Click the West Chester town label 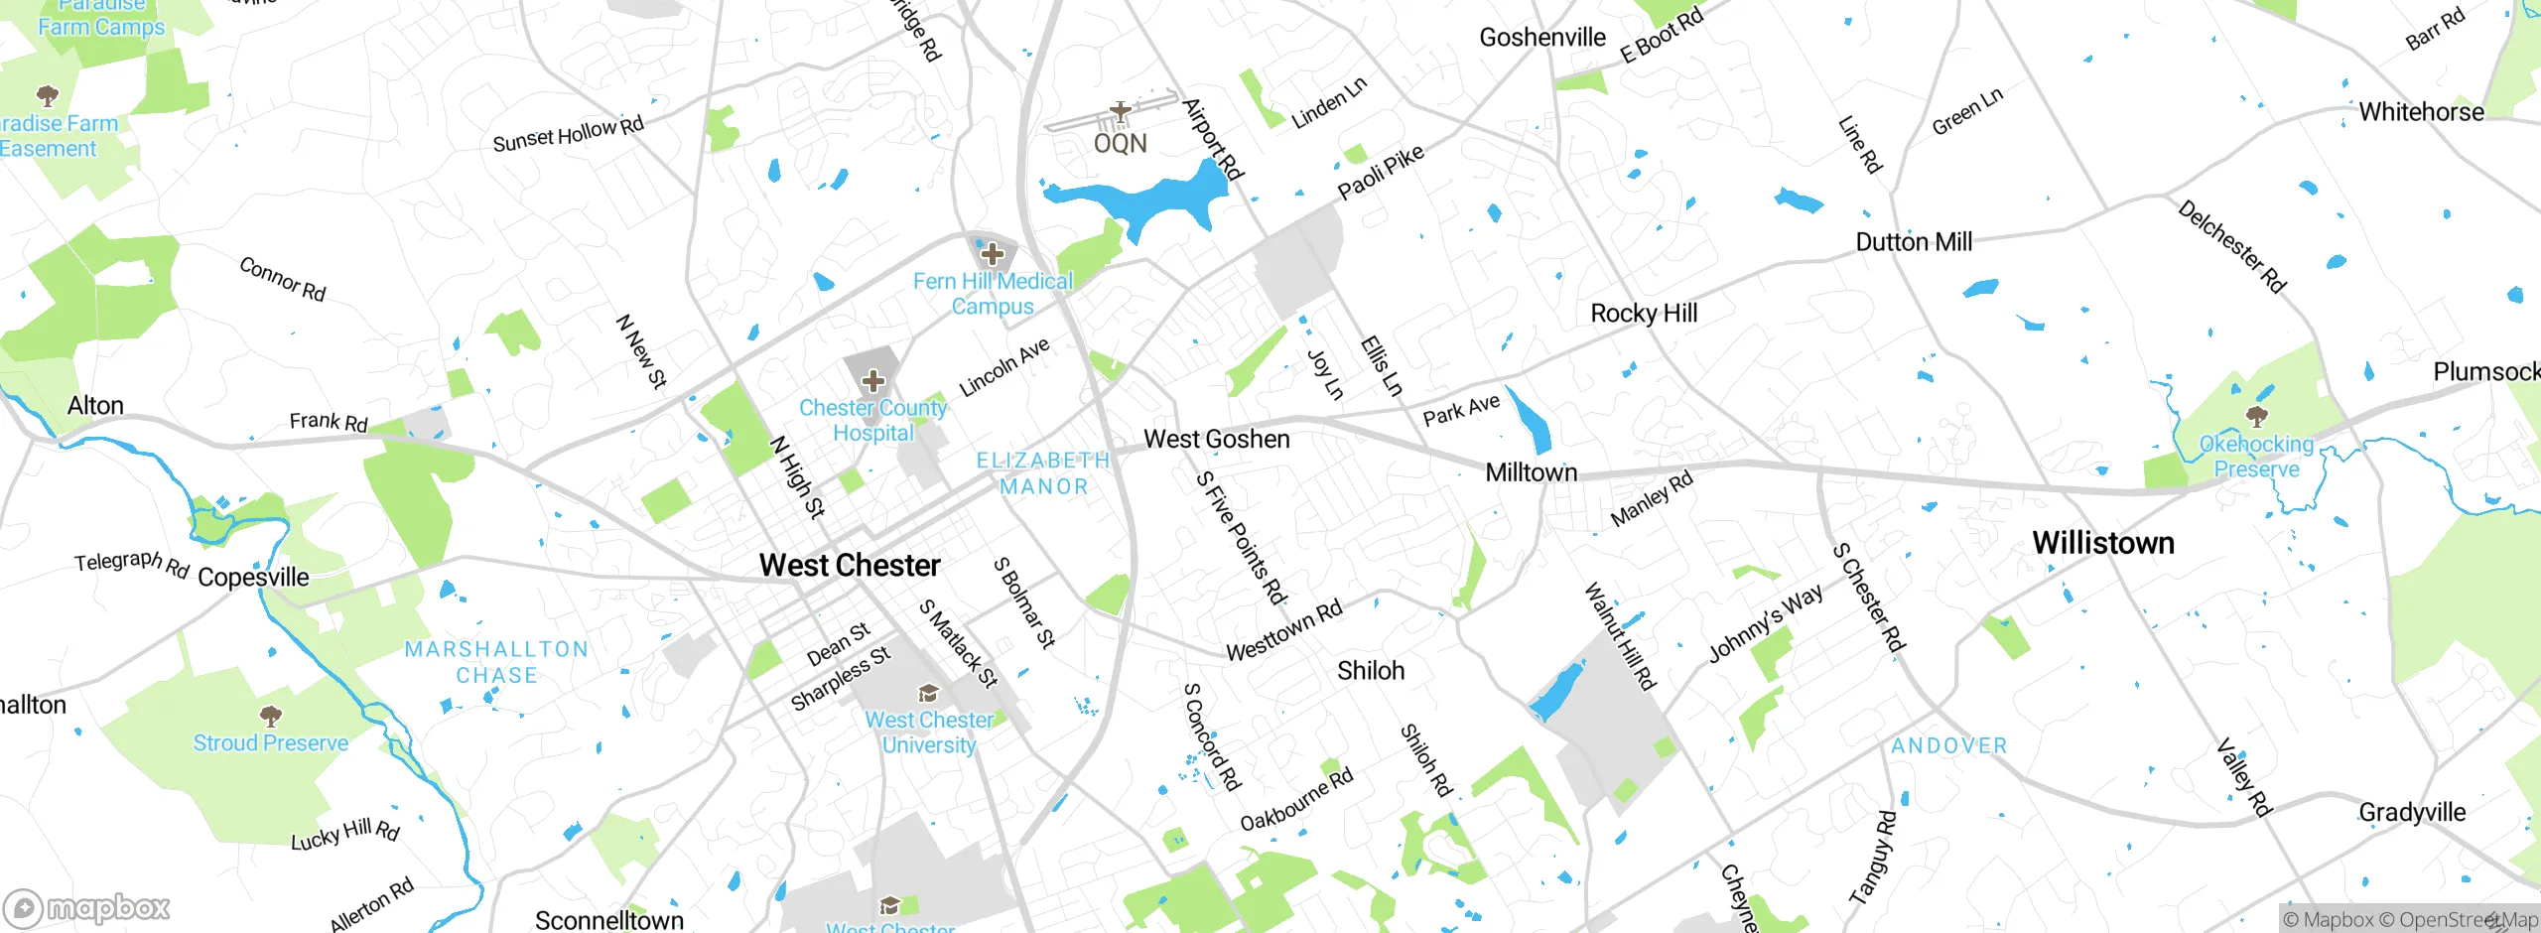tap(850, 565)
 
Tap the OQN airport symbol tap(1121, 112)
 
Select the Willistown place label tap(2102, 543)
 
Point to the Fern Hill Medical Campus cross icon tap(992, 254)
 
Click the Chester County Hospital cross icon tap(872, 381)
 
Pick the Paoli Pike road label tap(1380, 172)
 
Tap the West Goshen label tap(1217, 439)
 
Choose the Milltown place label tap(1531, 472)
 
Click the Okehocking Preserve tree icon tap(2256, 415)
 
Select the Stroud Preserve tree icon tap(270, 716)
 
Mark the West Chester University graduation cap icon tap(928, 693)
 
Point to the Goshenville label tap(1541, 38)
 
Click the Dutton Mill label tap(1913, 242)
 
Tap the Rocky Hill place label tap(1644, 314)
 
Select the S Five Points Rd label tap(1241, 537)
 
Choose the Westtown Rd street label tap(1283, 630)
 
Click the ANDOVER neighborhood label tap(1948, 745)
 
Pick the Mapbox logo tap(87, 908)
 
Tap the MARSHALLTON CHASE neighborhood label tap(496, 662)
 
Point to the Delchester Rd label tap(2231, 246)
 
